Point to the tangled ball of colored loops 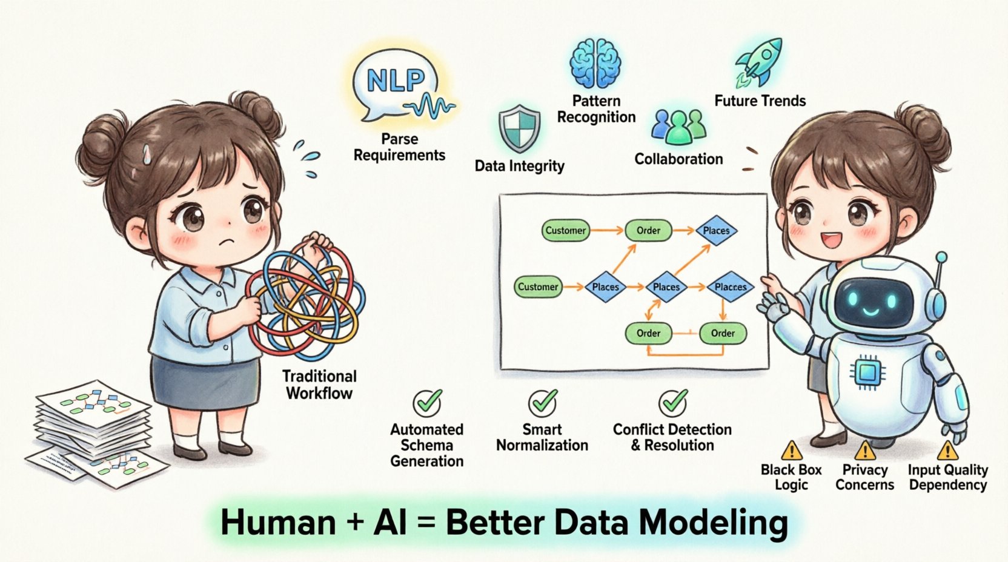(307, 294)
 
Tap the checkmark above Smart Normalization (543, 402)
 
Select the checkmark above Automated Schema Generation (428, 402)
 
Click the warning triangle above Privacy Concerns (865, 451)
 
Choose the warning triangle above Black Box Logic (791, 451)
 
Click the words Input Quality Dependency (947, 477)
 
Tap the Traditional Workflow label (319, 385)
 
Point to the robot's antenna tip (941, 257)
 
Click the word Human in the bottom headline (278, 523)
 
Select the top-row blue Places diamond (716, 231)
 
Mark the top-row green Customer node (565, 231)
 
